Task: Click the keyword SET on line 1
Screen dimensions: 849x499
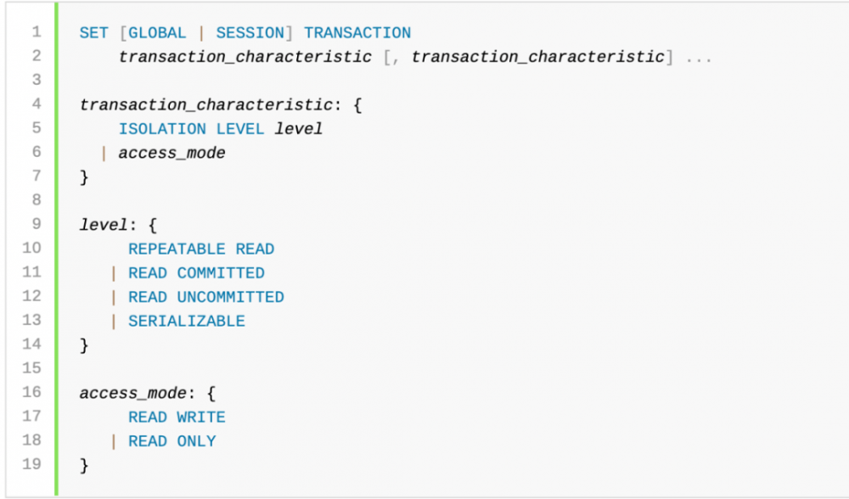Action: point(93,33)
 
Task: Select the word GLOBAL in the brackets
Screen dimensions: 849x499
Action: point(157,33)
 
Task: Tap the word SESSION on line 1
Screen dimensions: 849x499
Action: point(250,33)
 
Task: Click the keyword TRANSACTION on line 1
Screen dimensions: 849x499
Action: point(357,33)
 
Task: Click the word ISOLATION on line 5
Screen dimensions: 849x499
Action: point(162,129)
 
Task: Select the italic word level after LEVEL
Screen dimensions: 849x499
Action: point(298,129)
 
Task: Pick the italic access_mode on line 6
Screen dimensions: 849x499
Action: point(171,153)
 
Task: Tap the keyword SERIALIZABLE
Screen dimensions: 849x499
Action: point(187,322)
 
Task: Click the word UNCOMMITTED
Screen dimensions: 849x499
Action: point(231,297)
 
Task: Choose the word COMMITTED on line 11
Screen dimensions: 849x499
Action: point(221,273)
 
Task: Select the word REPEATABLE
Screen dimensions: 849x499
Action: point(177,249)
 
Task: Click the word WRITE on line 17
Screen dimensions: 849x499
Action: point(201,418)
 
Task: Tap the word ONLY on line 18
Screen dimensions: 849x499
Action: point(197,441)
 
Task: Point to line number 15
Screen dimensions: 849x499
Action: point(31,368)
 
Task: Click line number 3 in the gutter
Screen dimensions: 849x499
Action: point(37,80)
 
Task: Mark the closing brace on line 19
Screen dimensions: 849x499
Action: point(84,466)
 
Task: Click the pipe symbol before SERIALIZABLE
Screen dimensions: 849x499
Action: point(113,322)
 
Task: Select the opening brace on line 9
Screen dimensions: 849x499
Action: point(153,225)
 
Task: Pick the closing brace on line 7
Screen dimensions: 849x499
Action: point(84,177)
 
